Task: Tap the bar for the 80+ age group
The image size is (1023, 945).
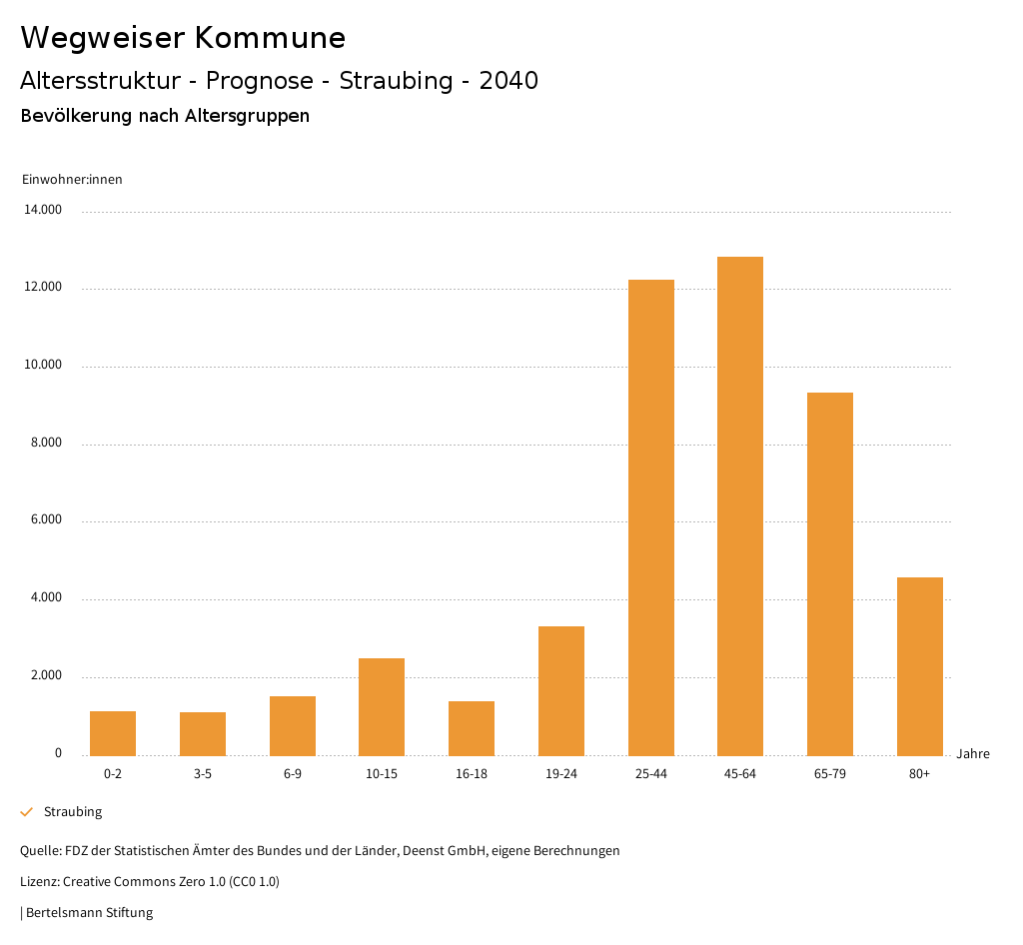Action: (x=919, y=666)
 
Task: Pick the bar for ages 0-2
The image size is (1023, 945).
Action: (x=113, y=733)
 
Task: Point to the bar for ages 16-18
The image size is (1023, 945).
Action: (x=472, y=728)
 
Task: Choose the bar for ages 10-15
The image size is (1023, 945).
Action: (x=382, y=706)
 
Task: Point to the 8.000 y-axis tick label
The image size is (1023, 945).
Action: (x=45, y=443)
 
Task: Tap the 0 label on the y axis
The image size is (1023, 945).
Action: (x=58, y=753)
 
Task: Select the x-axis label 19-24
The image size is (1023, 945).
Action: (x=561, y=774)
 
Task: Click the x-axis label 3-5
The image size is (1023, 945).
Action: (x=203, y=774)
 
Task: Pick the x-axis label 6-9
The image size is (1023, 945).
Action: (x=293, y=774)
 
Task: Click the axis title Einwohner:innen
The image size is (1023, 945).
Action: (x=72, y=180)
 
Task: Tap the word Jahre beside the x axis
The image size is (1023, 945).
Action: (x=973, y=754)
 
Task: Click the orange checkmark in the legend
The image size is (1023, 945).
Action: (x=27, y=812)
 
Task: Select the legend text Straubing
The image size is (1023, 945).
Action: (x=73, y=812)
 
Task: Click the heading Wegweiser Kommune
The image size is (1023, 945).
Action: (x=183, y=38)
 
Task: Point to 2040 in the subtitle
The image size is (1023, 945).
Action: (x=509, y=81)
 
